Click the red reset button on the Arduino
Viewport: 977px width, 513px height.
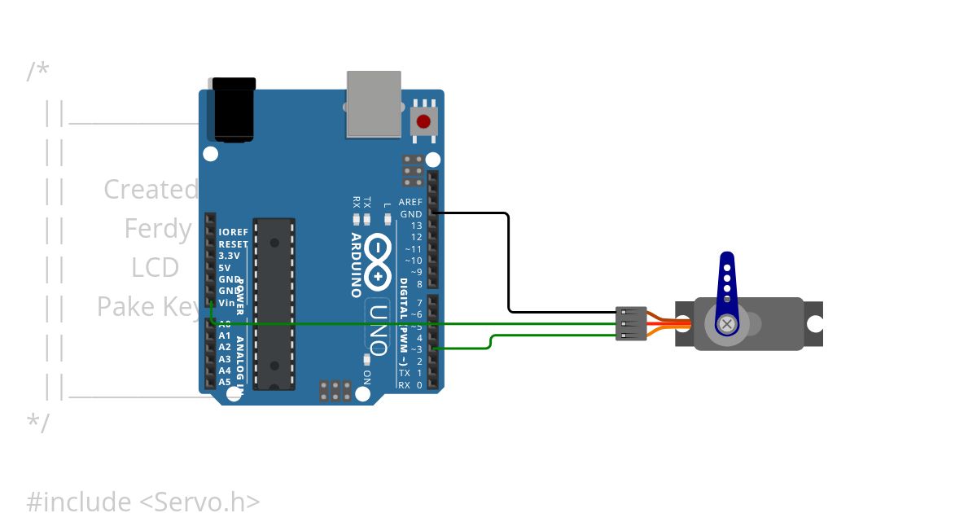point(423,122)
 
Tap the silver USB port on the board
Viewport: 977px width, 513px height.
point(375,103)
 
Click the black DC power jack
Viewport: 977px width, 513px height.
point(234,110)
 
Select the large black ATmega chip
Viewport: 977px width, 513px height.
point(273,304)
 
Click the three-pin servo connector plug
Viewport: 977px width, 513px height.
point(631,324)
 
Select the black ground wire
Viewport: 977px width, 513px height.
point(509,261)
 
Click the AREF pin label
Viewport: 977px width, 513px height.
point(410,202)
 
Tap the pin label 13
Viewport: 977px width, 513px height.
point(416,226)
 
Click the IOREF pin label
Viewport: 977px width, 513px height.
point(234,232)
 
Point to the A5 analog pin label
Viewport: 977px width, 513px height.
point(225,382)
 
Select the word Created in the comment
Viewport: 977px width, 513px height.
point(151,190)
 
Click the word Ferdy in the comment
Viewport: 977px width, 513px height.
point(158,229)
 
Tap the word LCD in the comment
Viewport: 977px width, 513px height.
point(155,268)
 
